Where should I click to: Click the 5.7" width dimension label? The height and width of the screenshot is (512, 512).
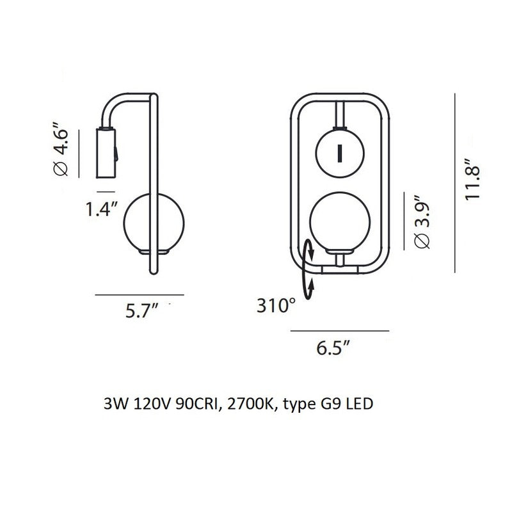pyautogui.click(x=141, y=310)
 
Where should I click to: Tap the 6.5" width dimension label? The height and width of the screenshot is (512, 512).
pyautogui.click(x=333, y=348)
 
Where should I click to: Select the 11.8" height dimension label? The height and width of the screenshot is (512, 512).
pyautogui.click(x=473, y=179)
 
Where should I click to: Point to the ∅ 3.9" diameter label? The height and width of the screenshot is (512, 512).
pyautogui.click(x=422, y=222)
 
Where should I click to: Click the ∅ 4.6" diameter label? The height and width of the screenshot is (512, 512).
pyautogui.click(x=61, y=149)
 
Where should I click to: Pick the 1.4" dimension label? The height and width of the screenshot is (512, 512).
pyautogui.click(x=101, y=209)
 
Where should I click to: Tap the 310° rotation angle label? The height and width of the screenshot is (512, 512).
pyautogui.click(x=276, y=306)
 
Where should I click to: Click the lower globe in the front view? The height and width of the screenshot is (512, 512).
pyautogui.click(x=340, y=222)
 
